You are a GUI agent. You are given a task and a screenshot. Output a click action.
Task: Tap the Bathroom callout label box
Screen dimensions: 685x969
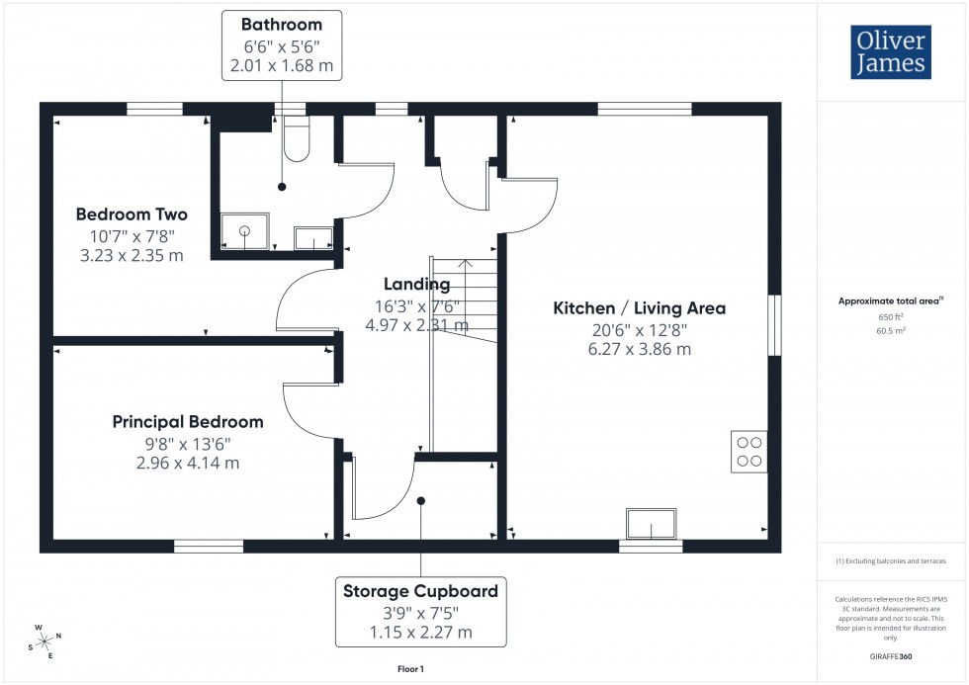click(x=282, y=45)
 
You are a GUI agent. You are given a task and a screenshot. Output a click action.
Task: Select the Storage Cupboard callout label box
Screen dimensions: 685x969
click(x=420, y=612)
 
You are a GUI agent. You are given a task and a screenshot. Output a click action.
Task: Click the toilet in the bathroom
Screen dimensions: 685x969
click(x=295, y=138)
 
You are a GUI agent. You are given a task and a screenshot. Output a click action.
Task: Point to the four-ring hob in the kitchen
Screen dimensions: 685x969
click(x=749, y=451)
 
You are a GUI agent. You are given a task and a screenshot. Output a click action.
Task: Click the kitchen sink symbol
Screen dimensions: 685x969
click(x=652, y=523)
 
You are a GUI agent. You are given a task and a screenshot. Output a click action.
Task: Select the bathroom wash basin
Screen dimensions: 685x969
click(x=314, y=237)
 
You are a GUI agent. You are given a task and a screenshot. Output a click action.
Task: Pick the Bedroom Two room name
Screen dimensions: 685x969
click(x=132, y=214)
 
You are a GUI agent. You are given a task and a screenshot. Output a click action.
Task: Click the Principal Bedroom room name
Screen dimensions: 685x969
click(x=188, y=422)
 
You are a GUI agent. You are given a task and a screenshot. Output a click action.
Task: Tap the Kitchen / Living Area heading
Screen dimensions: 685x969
click(x=639, y=308)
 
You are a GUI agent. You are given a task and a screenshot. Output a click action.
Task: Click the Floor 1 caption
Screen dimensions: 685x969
click(x=409, y=669)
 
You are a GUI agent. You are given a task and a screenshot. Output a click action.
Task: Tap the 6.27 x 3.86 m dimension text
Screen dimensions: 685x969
click(x=639, y=349)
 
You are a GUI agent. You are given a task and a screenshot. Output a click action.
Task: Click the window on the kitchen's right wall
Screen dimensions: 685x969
click(x=775, y=322)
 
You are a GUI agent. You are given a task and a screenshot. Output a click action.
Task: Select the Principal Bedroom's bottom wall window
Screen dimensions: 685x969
click(x=209, y=546)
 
